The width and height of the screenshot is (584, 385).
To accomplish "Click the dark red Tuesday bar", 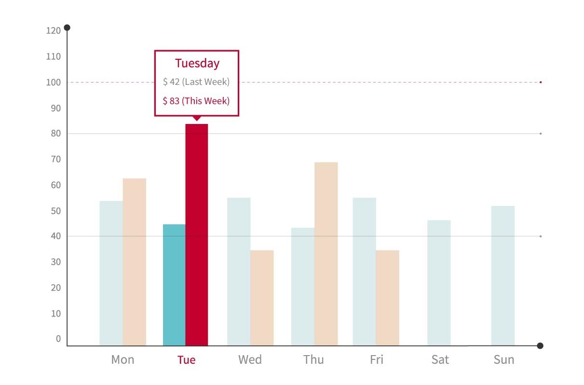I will pyautogui.click(x=196, y=234).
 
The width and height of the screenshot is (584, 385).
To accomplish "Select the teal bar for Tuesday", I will pyautogui.click(x=174, y=285).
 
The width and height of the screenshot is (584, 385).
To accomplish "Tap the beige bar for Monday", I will pyautogui.click(x=134, y=261).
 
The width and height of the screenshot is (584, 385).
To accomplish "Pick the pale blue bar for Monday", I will pyautogui.click(x=111, y=273).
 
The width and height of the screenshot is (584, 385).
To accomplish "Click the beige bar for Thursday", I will pyautogui.click(x=326, y=254).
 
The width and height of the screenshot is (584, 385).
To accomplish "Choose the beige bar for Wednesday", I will pyautogui.click(x=262, y=298).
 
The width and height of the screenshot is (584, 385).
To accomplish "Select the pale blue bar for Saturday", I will pyautogui.click(x=438, y=283).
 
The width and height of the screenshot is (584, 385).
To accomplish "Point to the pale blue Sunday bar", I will pyautogui.click(x=503, y=275).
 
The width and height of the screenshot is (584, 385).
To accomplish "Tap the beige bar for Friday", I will pyautogui.click(x=387, y=298).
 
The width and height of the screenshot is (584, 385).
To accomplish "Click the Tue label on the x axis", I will pyautogui.click(x=187, y=360).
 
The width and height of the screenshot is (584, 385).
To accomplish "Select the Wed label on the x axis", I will pyautogui.click(x=250, y=360).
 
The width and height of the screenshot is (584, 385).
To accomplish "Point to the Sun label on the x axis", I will pyautogui.click(x=504, y=360).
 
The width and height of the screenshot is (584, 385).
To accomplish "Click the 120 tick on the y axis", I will pyautogui.click(x=54, y=31).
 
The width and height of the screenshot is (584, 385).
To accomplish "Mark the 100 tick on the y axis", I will pyautogui.click(x=54, y=82).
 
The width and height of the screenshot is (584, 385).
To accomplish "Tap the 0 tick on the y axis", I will pyautogui.click(x=58, y=339).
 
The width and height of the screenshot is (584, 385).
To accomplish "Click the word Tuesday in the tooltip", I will pyautogui.click(x=197, y=63).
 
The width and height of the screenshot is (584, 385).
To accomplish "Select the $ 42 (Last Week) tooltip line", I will pyautogui.click(x=196, y=82).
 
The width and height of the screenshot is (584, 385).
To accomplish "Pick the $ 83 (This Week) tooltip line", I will pyautogui.click(x=196, y=101).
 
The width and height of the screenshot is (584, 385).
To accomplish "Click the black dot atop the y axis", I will pyautogui.click(x=67, y=27).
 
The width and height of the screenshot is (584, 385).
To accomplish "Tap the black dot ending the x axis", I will pyautogui.click(x=540, y=345).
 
